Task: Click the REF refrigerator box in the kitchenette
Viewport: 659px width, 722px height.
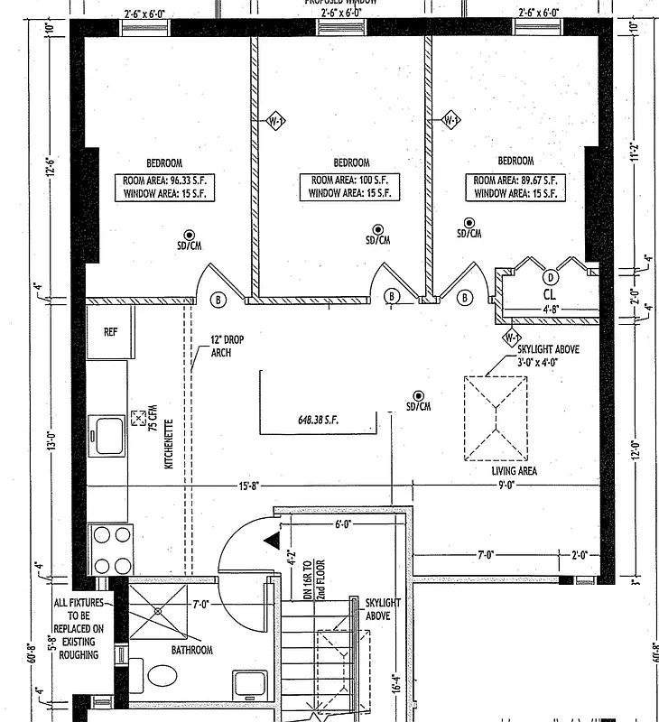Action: point(110,332)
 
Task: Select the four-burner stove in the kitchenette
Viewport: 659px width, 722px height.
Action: point(110,548)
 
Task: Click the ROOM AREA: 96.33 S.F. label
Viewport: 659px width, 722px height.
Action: point(164,180)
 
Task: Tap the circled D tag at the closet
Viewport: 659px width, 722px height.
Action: point(550,277)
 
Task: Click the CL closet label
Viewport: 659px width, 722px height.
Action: point(549,294)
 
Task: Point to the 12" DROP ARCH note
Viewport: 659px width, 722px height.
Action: point(227,346)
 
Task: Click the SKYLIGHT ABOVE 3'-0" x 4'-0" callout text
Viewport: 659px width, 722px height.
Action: point(543,355)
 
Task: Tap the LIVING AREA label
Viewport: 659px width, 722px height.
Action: point(515,471)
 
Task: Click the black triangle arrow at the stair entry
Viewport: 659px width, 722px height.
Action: point(270,540)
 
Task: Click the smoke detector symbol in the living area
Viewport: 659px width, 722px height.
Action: point(418,395)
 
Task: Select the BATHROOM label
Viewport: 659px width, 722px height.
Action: point(191,650)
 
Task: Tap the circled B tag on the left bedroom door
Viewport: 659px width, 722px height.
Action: point(218,299)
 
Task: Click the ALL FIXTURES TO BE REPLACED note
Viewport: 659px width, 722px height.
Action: point(79,627)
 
